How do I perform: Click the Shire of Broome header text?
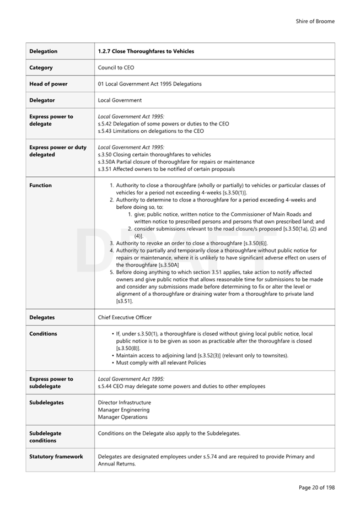click(315, 21)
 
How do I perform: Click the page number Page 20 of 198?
click(316, 488)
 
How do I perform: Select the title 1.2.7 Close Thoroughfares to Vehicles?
click(146, 51)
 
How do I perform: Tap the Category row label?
click(41, 68)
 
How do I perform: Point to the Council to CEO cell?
click(116, 68)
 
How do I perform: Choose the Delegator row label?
click(42, 100)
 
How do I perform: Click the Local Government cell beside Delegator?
click(120, 100)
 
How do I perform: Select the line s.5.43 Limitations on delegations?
click(151, 131)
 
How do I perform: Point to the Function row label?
click(40, 186)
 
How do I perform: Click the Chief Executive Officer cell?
click(125, 317)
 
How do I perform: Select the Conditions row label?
click(43, 334)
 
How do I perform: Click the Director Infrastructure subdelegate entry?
click(124, 403)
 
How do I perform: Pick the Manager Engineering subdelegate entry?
click(123, 410)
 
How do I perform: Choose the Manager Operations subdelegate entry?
click(122, 417)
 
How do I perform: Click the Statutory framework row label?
click(56, 457)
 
